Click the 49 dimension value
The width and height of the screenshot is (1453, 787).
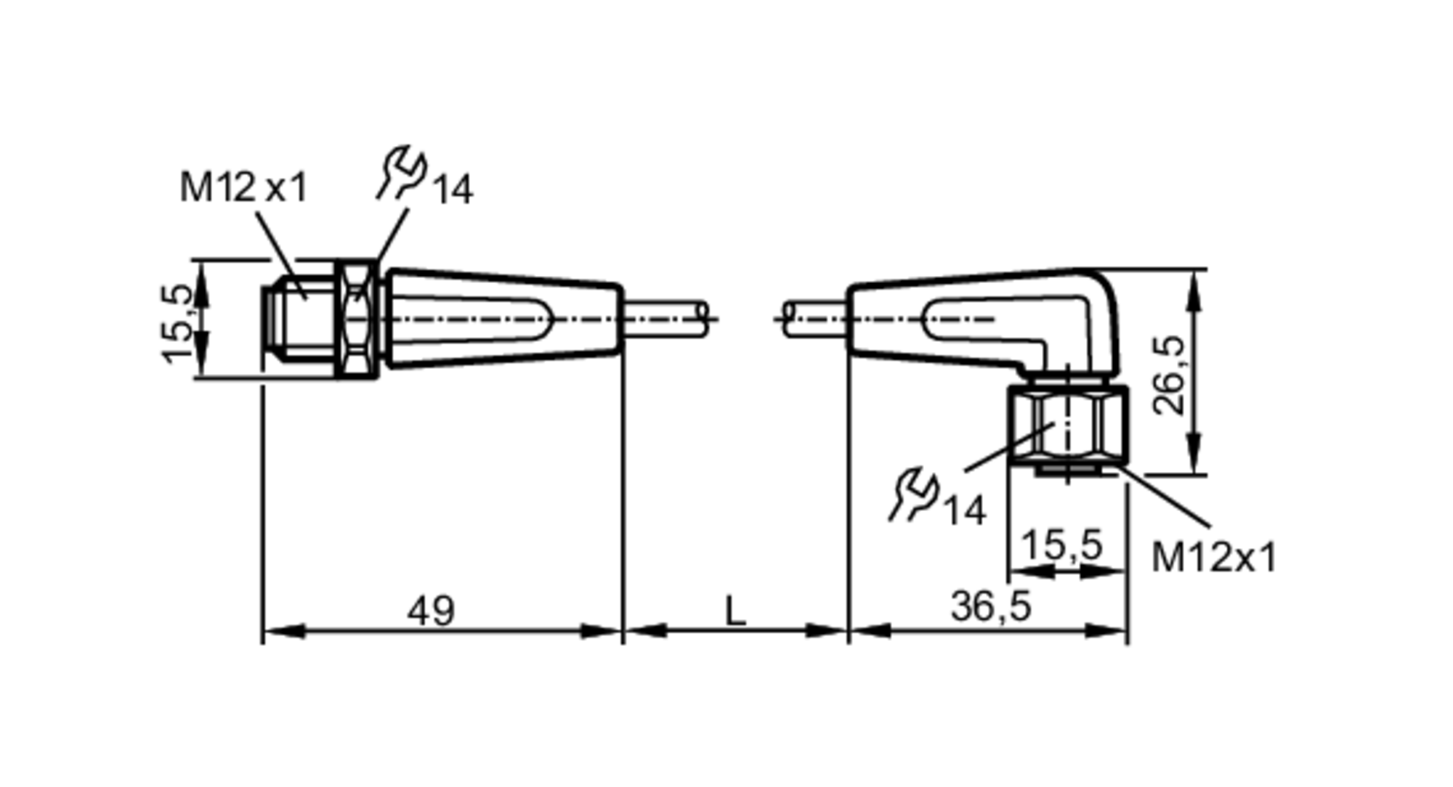click(x=431, y=611)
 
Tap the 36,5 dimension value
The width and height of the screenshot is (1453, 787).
click(x=990, y=606)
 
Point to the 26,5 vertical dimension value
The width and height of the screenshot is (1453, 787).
click(x=1170, y=375)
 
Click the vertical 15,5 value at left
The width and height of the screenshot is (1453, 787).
click(x=178, y=323)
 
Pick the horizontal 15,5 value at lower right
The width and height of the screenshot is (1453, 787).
click(x=1061, y=545)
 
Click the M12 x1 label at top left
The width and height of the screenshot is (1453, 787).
click(x=243, y=187)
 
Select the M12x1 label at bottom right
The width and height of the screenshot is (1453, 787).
click(x=1213, y=558)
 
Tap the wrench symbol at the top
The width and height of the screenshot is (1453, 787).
click(x=401, y=173)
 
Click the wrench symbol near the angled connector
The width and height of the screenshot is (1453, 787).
click(x=913, y=495)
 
